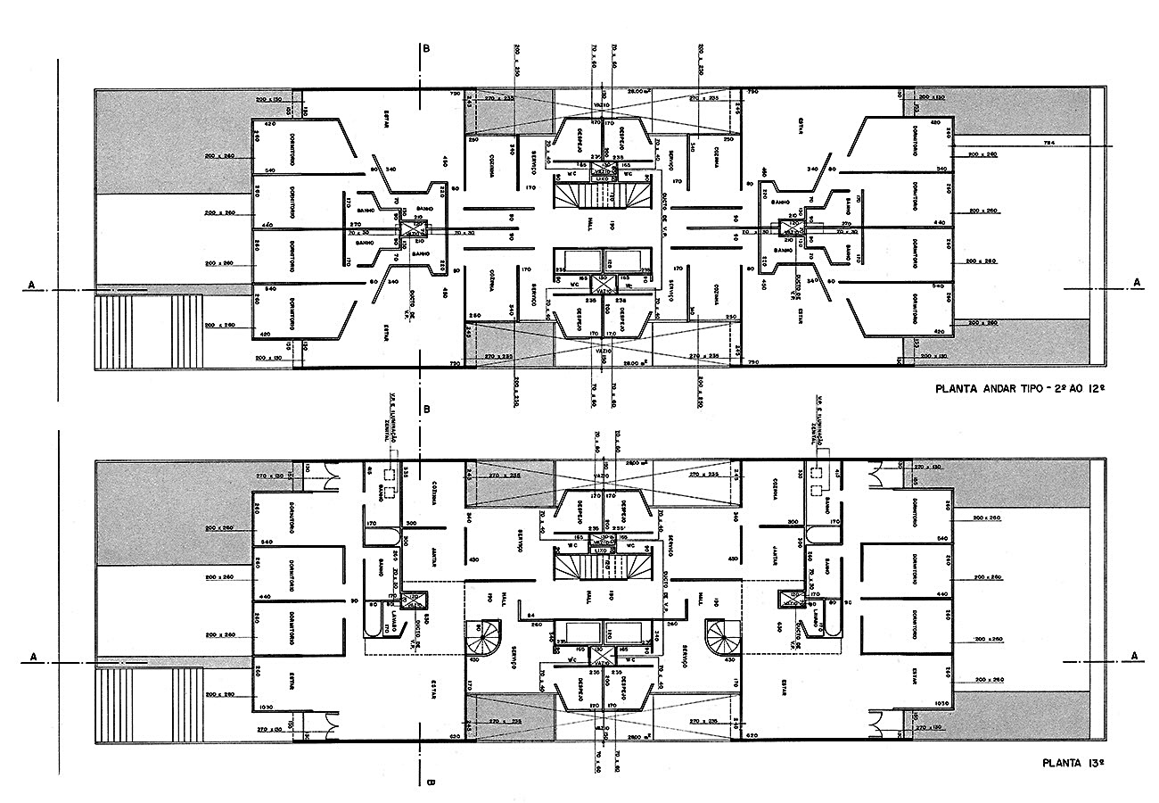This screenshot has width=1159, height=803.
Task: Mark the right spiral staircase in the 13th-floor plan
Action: click(720, 636)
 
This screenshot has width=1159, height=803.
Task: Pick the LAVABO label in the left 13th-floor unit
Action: click(393, 622)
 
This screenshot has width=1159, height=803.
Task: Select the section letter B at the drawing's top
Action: click(427, 49)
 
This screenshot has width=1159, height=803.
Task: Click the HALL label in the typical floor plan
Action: click(589, 223)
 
